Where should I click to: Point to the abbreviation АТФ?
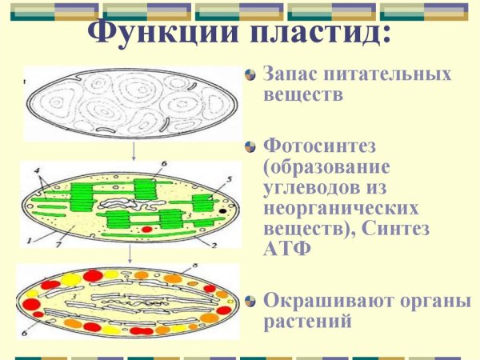(284, 248)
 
